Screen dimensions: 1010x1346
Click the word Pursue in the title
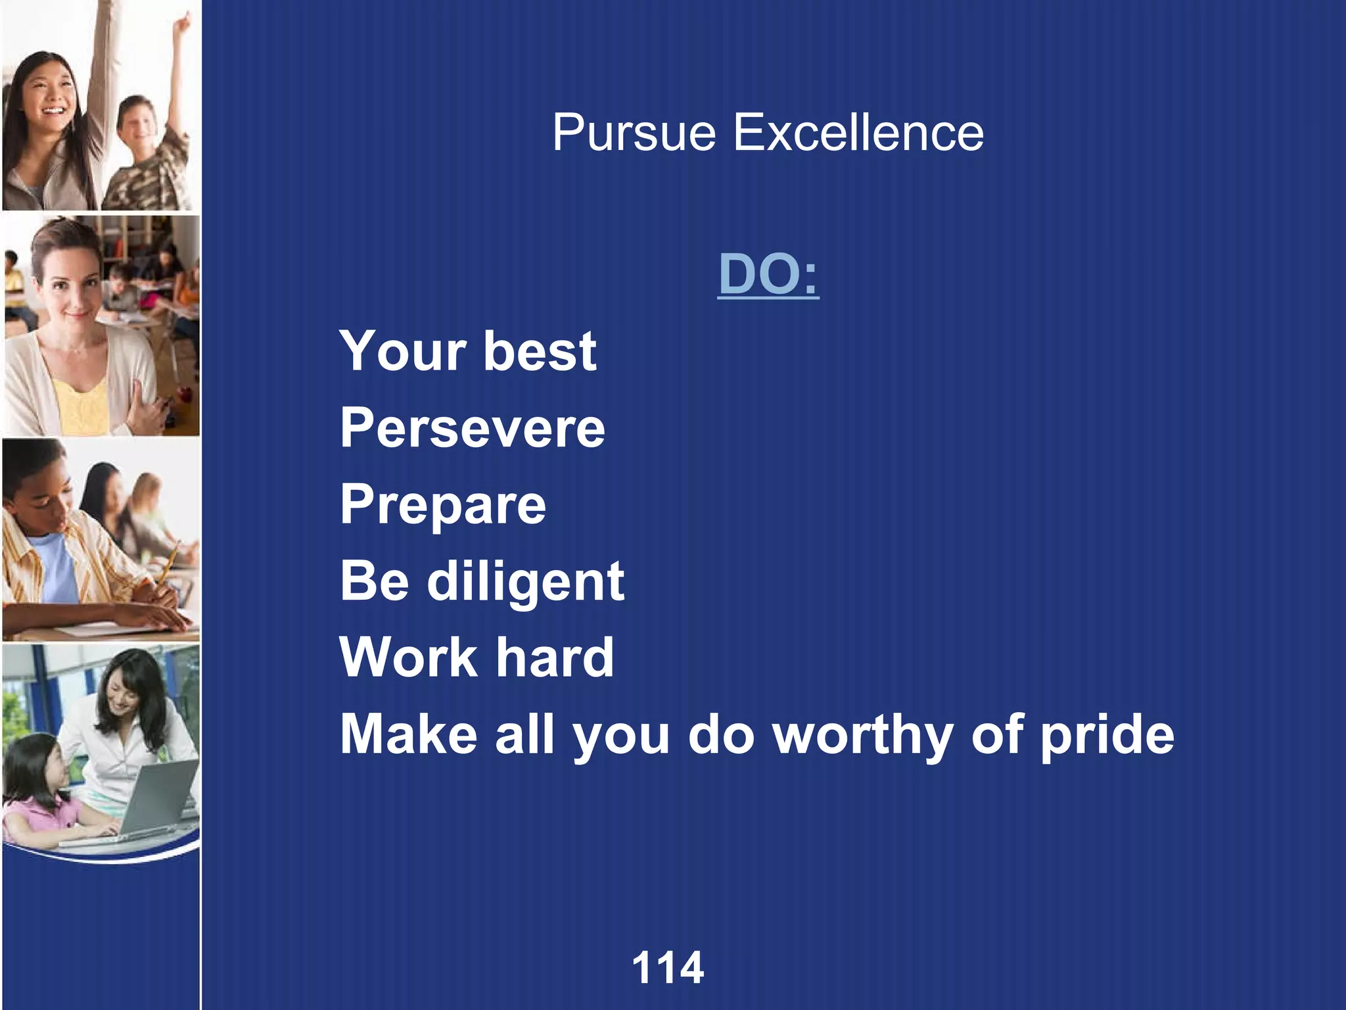tap(634, 133)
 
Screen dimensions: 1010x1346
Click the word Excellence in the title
tap(858, 132)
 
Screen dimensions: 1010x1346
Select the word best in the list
tap(540, 351)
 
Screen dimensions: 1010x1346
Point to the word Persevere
tap(473, 428)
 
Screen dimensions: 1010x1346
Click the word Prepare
tap(443, 505)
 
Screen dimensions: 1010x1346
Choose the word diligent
tap(526, 581)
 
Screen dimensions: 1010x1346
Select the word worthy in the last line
tap(862, 734)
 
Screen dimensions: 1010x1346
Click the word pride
tap(1107, 734)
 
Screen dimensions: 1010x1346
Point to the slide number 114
tap(668, 968)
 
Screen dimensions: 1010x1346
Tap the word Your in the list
tap(402, 351)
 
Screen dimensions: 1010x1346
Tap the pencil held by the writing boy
tap(169, 562)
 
